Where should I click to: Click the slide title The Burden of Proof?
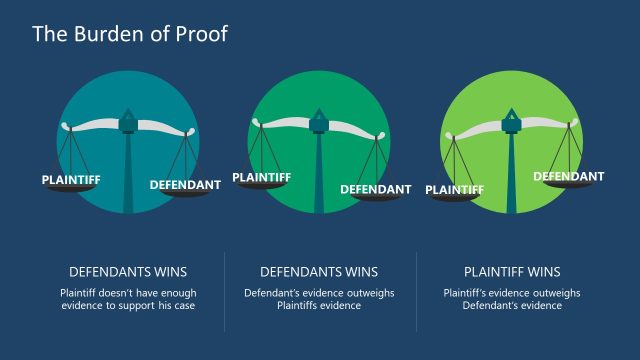tap(130, 34)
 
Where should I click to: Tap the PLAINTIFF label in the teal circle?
tap(70, 180)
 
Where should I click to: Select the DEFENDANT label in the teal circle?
tap(185, 185)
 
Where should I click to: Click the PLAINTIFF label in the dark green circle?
tap(262, 177)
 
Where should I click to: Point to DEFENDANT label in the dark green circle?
tap(376, 189)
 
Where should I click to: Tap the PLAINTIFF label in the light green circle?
tap(455, 189)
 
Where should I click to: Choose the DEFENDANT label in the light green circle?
tap(568, 177)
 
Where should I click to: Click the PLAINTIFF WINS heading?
tap(512, 271)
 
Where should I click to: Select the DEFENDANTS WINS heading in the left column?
tap(128, 271)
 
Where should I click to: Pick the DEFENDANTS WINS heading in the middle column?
tap(319, 271)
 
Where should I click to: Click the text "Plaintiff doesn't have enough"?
tap(128, 293)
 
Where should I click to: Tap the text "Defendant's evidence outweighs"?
tap(319, 293)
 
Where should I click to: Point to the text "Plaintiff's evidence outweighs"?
tap(512, 293)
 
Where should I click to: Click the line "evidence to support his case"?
tap(128, 306)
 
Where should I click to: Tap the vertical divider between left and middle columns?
tap(224, 291)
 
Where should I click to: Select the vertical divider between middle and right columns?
tap(416, 291)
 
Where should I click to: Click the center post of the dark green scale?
tap(320, 170)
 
